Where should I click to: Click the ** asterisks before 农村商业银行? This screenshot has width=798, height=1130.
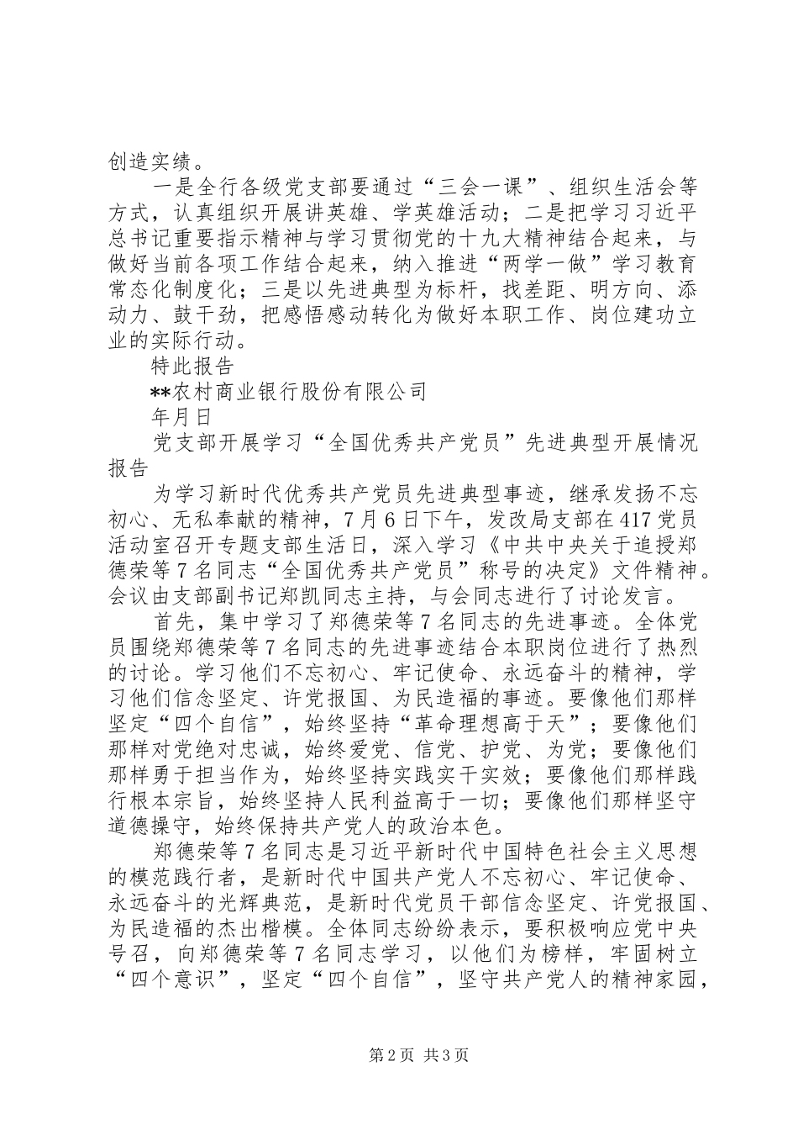160,392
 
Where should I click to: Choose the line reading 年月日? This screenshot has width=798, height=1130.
173,416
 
